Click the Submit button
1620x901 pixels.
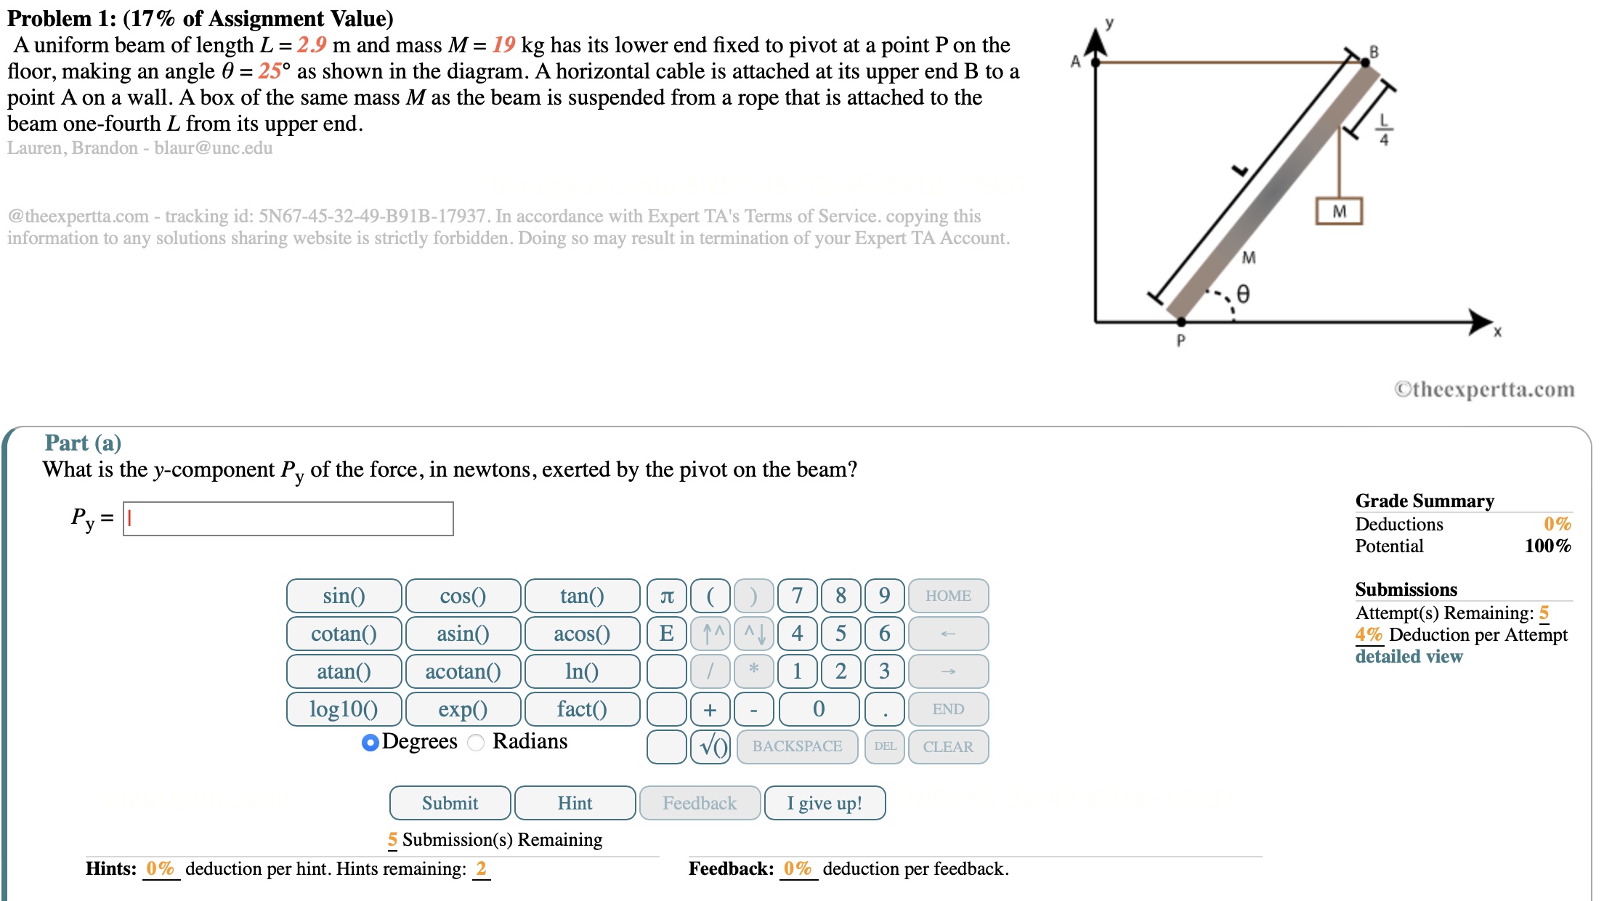(450, 803)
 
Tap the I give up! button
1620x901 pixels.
(825, 803)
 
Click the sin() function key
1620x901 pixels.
(344, 596)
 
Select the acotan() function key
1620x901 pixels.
(463, 671)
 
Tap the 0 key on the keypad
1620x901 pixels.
(819, 709)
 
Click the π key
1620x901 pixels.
(666, 596)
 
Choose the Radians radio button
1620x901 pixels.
(476, 743)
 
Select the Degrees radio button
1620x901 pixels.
(370, 743)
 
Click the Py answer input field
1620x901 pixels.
(288, 519)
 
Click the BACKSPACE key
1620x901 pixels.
(797, 747)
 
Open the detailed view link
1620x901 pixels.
(1409, 656)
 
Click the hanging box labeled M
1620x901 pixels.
(1339, 211)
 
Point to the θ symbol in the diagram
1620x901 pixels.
(1243, 294)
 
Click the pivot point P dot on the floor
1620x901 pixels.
(1181, 321)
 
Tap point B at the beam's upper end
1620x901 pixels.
(1365, 62)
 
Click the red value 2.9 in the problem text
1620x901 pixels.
(312, 45)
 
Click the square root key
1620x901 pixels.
(710, 747)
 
